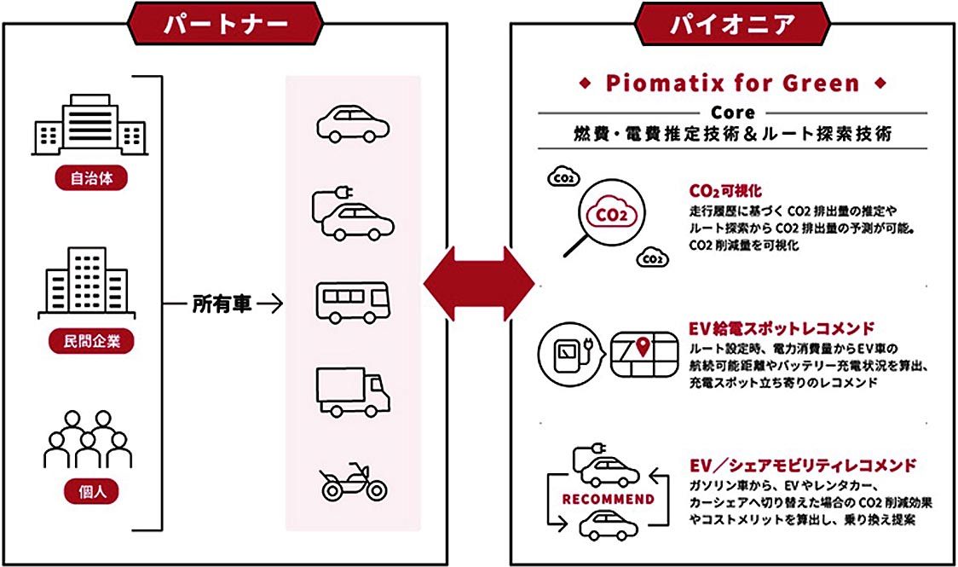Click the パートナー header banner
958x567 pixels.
point(225,25)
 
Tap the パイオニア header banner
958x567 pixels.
point(732,25)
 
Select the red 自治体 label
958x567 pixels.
point(91,178)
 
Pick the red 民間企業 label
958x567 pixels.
point(91,341)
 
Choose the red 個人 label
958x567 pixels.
point(91,491)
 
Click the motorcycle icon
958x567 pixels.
point(353,481)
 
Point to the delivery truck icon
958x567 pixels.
point(353,391)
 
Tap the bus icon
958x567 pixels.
point(353,303)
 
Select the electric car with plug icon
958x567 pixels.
point(353,214)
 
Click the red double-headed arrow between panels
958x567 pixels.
point(479,283)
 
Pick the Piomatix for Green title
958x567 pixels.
point(732,83)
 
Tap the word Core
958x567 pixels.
point(732,113)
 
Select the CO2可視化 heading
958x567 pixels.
point(725,191)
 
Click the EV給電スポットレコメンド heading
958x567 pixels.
point(782,329)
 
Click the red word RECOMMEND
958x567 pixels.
point(608,499)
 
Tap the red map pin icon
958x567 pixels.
point(642,346)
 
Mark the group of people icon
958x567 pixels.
point(88,439)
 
